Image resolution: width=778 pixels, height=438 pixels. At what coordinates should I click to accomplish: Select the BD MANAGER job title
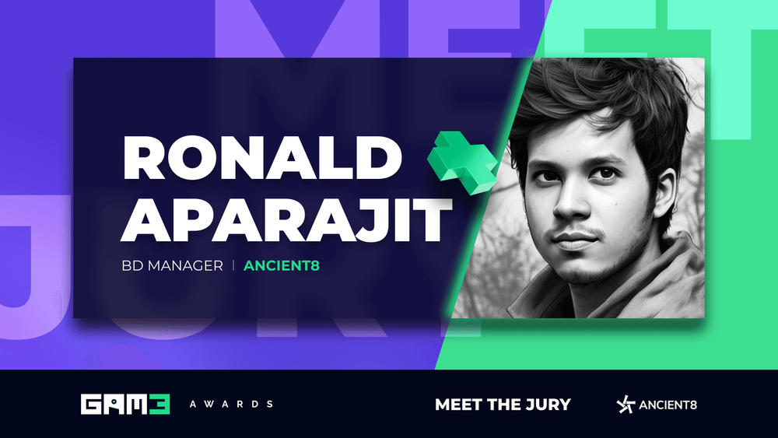click(x=173, y=266)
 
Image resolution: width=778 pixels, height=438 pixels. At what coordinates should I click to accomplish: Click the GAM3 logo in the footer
click(x=125, y=404)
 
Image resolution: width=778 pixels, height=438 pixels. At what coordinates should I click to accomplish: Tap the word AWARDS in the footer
click(x=231, y=405)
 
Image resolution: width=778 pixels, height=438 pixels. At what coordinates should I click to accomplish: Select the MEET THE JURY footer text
click(x=503, y=405)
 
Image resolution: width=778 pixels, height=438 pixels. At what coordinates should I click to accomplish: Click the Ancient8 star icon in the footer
click(x=625, y=405)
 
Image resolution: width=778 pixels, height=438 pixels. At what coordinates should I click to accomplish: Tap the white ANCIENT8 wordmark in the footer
click(x=668, y=405)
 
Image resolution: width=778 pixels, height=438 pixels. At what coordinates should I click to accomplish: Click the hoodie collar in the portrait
click(x=654, y=280)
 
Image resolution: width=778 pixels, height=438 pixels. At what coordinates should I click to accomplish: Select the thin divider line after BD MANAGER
click(x=233, y=266)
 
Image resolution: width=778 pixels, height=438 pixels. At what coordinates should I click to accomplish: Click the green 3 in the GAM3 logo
click(x=159, y=404)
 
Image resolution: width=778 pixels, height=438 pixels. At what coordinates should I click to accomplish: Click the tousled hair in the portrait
click(x=591, y=101)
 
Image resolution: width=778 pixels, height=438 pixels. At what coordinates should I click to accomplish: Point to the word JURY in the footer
click(x=548, y=405)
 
